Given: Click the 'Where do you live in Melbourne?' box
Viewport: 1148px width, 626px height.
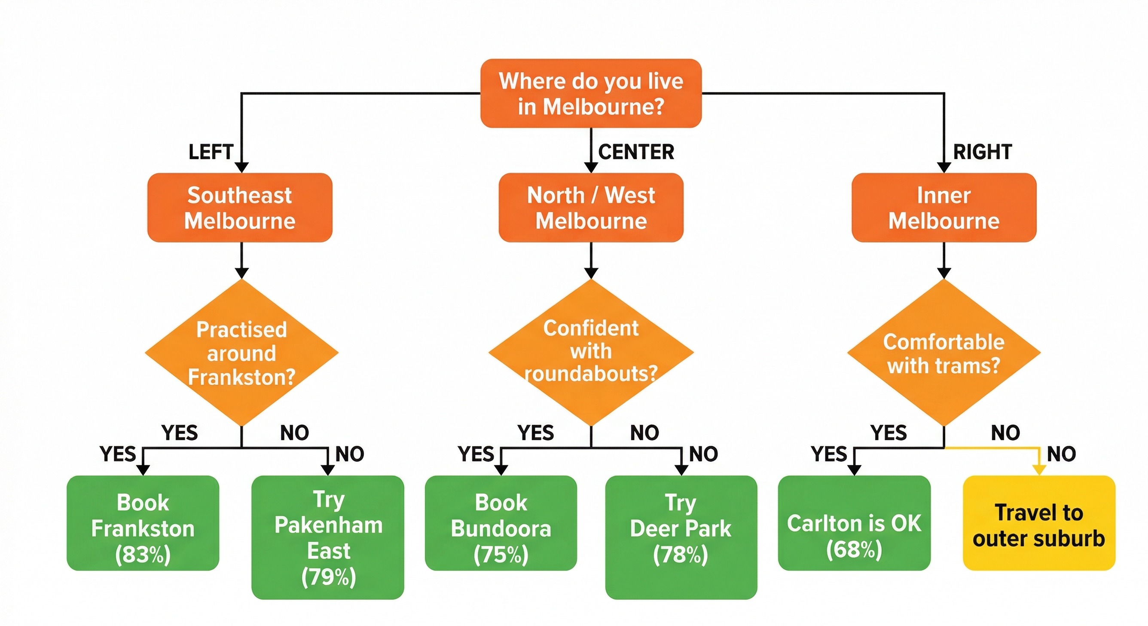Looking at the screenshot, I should coord(590,93).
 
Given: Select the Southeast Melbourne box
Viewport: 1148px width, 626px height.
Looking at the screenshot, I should coord(240,208).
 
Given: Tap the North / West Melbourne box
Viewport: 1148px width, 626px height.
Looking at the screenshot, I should coord(590,208).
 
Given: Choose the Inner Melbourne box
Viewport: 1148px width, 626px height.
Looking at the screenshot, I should coord(944,208).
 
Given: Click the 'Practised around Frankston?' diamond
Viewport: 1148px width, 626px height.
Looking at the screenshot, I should coord(241,353).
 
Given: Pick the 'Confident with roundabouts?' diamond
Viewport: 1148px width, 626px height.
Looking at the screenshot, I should coord(590,352).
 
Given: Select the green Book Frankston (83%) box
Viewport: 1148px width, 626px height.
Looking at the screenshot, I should coord(143,523).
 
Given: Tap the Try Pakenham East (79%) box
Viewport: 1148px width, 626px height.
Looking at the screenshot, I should coord(328,537).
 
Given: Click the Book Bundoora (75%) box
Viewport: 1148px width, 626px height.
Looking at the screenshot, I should coord(501,523).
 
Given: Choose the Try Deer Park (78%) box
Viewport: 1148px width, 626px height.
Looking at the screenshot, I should coord(681,537).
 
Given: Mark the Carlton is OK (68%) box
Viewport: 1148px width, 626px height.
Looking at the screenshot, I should coord(854,523).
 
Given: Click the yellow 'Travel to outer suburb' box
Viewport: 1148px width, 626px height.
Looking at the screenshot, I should coord(1039,523).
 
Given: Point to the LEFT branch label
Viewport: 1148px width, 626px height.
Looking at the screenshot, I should coord(211,152).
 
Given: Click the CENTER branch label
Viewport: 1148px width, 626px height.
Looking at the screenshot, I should coord(636,152).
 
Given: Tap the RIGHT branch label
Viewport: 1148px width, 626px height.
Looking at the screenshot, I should coord(982,152).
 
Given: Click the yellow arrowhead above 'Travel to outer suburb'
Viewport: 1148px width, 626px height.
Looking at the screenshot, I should coord(1039,470).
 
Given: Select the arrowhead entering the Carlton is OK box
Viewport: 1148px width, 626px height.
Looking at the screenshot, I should coord(854,470).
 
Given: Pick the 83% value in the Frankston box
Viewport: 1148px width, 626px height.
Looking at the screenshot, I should coord(143,555).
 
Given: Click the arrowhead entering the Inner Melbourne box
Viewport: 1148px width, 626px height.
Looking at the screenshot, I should coord(944,167).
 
